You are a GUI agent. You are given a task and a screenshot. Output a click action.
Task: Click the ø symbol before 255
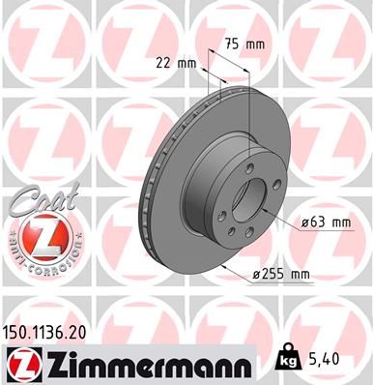coord(257,275)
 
